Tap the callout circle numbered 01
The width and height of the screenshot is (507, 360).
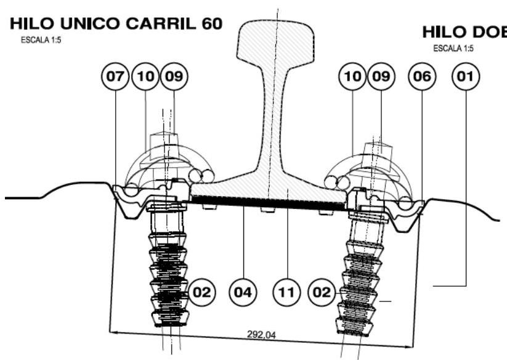(x=465, y=78)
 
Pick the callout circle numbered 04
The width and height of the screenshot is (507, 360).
(x=243, y=290)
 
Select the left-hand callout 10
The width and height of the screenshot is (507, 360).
(x=145, y=78)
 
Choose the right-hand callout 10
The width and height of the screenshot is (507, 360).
(x=352, y=78)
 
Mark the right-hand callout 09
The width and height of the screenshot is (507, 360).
(x=381, y=78)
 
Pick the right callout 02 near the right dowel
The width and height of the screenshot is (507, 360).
(x=323, y=290)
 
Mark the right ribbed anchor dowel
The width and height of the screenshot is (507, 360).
(x=358, y=284)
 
